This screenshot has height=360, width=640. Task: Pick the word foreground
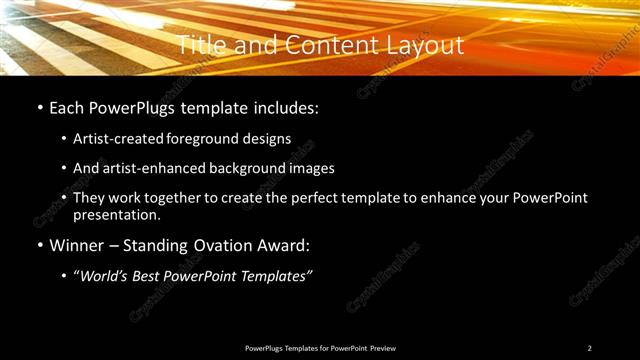(x=219, y=138)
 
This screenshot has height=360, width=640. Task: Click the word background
(x=257, y=168)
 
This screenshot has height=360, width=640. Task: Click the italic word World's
(x=107, y=276)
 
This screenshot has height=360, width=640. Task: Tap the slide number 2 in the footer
(x=589, y=348)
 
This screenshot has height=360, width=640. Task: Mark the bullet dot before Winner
(x=39, y=246)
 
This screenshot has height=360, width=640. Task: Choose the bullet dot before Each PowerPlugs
(x=39, y=108)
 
